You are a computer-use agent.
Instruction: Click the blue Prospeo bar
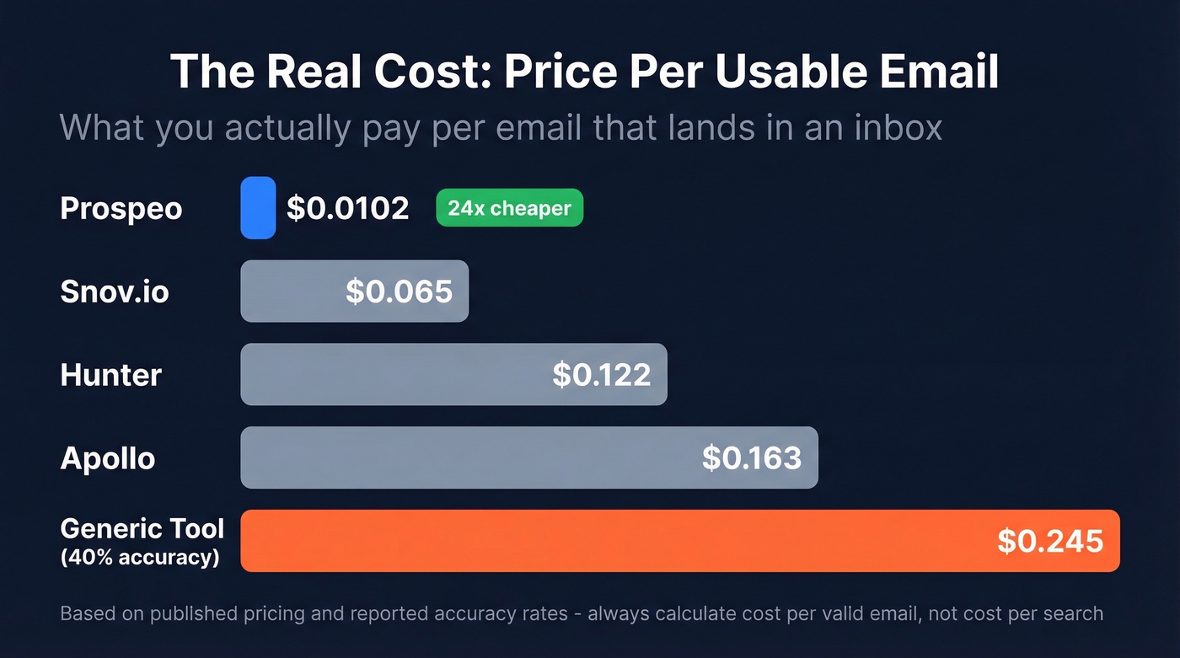[x=258, y=207]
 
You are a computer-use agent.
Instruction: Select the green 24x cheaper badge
[x=509, y=208]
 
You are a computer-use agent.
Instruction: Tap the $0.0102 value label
[x=347, y=208]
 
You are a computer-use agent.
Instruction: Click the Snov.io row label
[x=115, y=292]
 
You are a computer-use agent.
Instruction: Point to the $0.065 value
[x=399, y=292]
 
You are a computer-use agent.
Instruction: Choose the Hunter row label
[x=110, y=375]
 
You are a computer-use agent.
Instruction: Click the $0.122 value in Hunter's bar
[x=601, y=375]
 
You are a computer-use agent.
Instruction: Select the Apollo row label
[x=108, y=458]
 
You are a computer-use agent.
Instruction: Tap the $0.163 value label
[x=751, y=458]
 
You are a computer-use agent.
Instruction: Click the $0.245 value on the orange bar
[x=1049, y=541]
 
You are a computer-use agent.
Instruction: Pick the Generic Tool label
[x=142, y=528]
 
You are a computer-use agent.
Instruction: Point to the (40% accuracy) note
[x=140, y=557]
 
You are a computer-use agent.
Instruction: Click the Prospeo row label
[x=121, y=208]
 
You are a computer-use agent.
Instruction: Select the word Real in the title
[x=315, y=71]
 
